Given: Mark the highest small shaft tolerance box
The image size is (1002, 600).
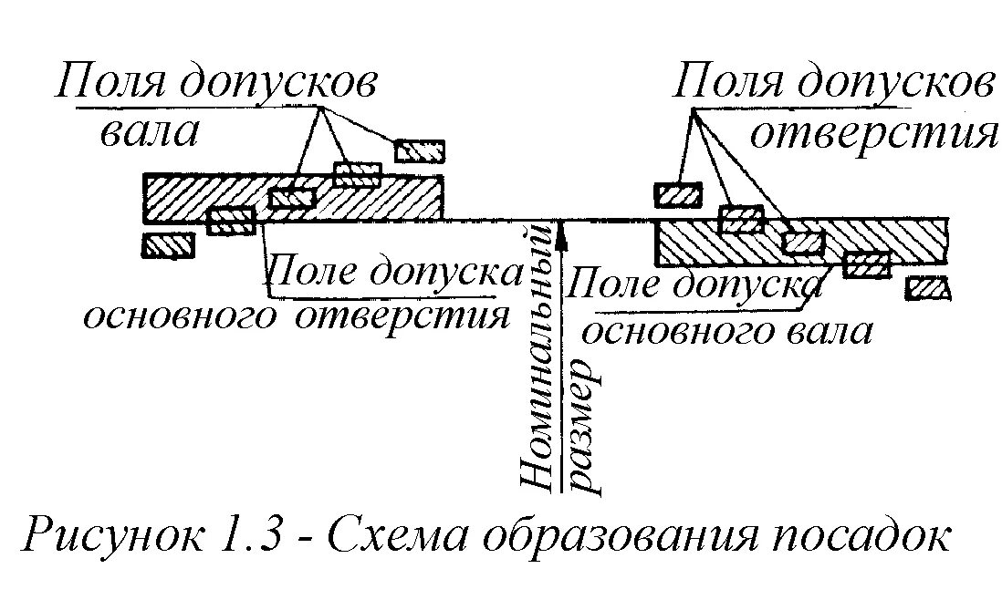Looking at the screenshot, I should pos(420,150).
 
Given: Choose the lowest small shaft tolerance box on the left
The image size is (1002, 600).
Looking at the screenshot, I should pos(169,245).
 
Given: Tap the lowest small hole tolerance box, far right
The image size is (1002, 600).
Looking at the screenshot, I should pos(929,288).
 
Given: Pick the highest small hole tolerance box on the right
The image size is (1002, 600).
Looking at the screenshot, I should pos(678,194).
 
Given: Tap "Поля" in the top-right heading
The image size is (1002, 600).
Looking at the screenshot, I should pos(725,85).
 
